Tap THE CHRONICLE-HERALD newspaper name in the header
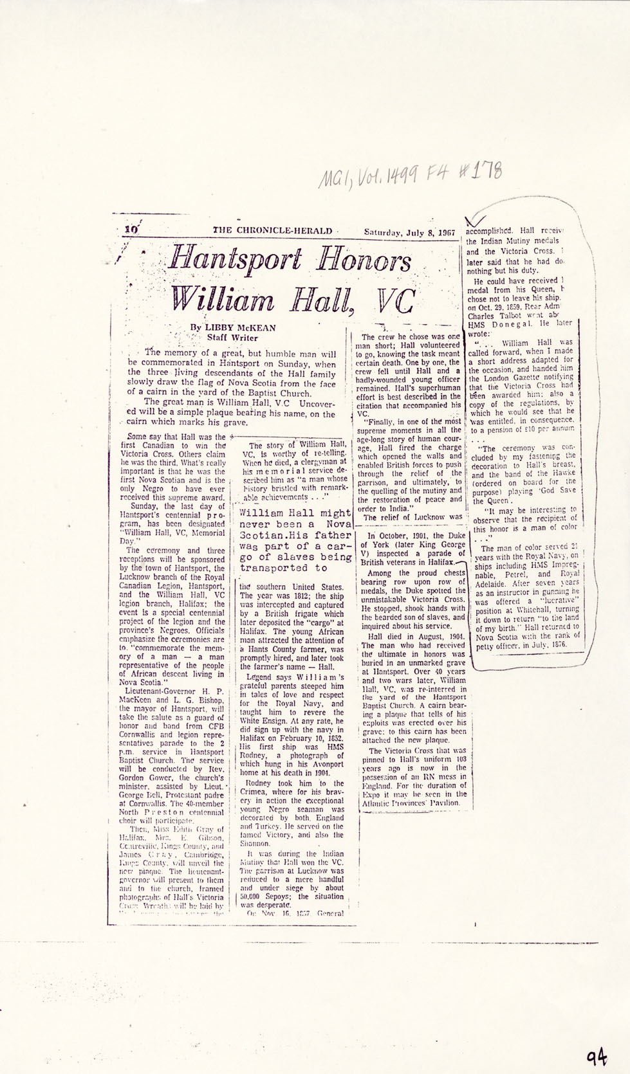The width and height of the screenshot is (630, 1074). [273, 231]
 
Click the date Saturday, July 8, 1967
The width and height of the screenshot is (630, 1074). [409, 232]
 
